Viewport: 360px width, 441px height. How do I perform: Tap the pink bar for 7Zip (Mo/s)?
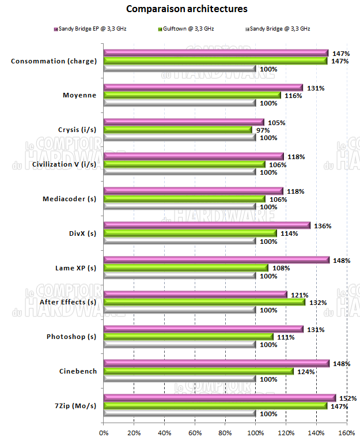coord(219,398)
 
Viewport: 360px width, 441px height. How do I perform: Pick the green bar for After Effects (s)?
coord(204,302)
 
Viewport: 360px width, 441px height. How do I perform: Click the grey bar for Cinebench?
coord(179,379)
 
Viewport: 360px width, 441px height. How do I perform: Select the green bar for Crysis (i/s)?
coord(177,130)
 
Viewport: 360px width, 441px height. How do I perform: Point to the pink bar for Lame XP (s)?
coord(216,260)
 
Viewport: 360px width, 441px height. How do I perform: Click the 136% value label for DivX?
coord(323,225)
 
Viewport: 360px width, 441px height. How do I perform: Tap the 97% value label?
coord(263,130)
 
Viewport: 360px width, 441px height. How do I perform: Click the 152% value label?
coord(346,398)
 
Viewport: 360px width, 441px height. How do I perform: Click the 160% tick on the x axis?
coord(347,432)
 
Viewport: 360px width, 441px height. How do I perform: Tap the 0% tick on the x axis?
coord(104,432)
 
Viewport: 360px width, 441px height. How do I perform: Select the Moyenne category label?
coord(79,95)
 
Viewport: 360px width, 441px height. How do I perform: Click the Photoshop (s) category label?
coord(71,337)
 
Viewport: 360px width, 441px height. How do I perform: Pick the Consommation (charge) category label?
coord(54,61)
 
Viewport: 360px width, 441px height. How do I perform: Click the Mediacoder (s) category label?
coord(69,199)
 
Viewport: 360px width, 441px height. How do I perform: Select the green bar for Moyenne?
coord(192,96)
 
